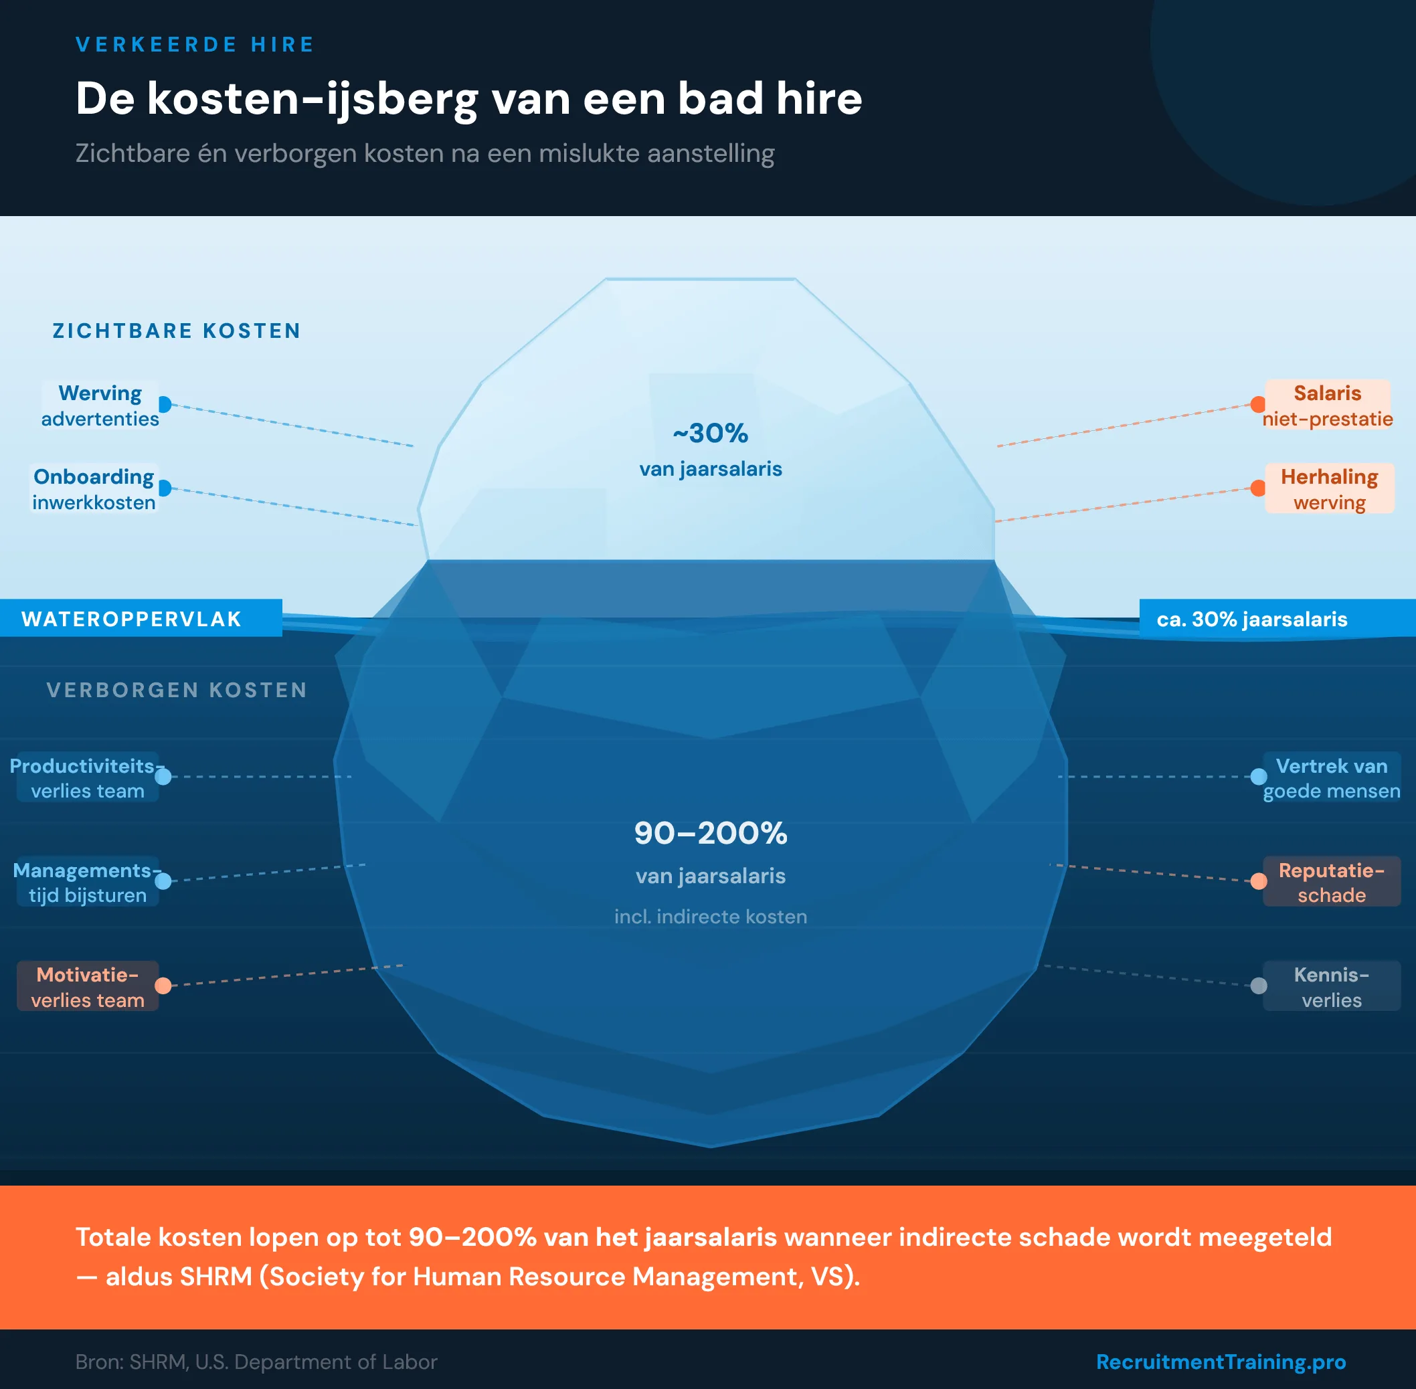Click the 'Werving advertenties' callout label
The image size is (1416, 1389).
click(100, 405)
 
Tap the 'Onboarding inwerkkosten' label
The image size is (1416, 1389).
click(94, 489)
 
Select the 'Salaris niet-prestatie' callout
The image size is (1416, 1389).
click(1327, 405)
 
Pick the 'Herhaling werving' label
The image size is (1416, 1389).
click(1328, 489)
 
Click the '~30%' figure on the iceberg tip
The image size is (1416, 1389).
click(710, 434)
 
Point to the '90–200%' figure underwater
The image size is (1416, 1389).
click(710, 833)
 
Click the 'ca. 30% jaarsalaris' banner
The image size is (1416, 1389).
click(1252, 619)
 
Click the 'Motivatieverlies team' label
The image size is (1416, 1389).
click(88, 986)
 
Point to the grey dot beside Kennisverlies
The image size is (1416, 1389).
click(1259, 986)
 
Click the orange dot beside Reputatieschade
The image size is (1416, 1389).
click(1259, 881)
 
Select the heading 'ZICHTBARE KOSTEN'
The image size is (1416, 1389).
click(177, 331)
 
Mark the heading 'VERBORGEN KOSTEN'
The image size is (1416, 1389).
click(177, 689)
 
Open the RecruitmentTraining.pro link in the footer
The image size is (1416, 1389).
click(1221, 1362)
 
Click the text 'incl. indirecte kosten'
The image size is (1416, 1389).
click(710, 916)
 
